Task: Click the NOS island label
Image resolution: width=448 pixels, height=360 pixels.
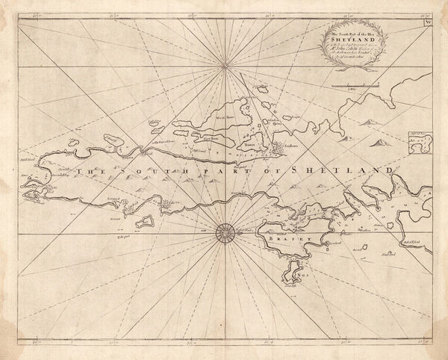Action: coord(302,273)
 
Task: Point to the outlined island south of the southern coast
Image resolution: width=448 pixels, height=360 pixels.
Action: coord(145,221)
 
